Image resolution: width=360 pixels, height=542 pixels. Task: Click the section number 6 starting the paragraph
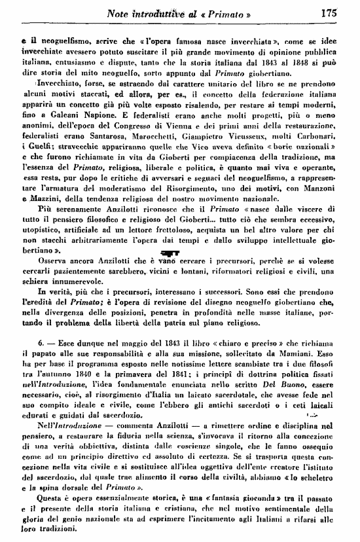point(40,362)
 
